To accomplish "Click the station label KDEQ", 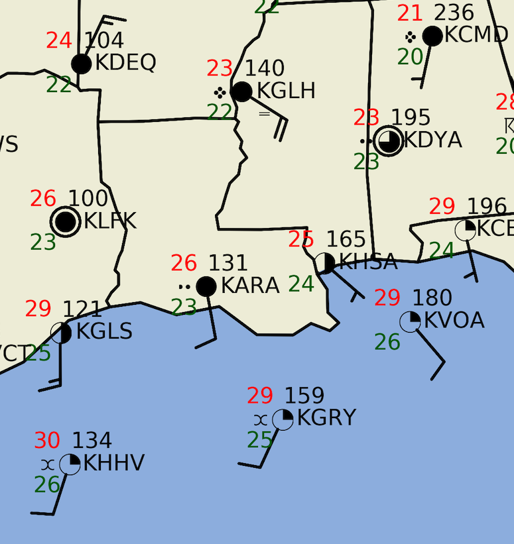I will (125, 63).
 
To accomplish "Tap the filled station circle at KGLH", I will (242, 92).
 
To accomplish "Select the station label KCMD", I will (476, 35).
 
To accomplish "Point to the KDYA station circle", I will (388, 140).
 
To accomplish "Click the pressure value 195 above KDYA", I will (411, 118).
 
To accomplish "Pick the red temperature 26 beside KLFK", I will (43, 198).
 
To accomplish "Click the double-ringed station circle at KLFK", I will (65, 221).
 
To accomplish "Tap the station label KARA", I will (250, 286).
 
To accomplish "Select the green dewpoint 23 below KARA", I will (184, 307).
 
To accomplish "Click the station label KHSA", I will (368, 262).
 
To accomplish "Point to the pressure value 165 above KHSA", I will (346, 239).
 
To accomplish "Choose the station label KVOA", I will (454, 321).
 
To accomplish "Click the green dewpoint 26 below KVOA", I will (387, 342).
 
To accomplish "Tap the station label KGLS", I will (104, 331).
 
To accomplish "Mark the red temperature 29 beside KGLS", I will (38, 309).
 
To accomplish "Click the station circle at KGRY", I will (283, 419).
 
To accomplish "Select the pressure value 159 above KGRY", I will (304, 396).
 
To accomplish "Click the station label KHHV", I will (114, 463).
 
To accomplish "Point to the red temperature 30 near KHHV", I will (47, 440).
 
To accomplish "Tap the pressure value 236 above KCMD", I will (454, 13).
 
